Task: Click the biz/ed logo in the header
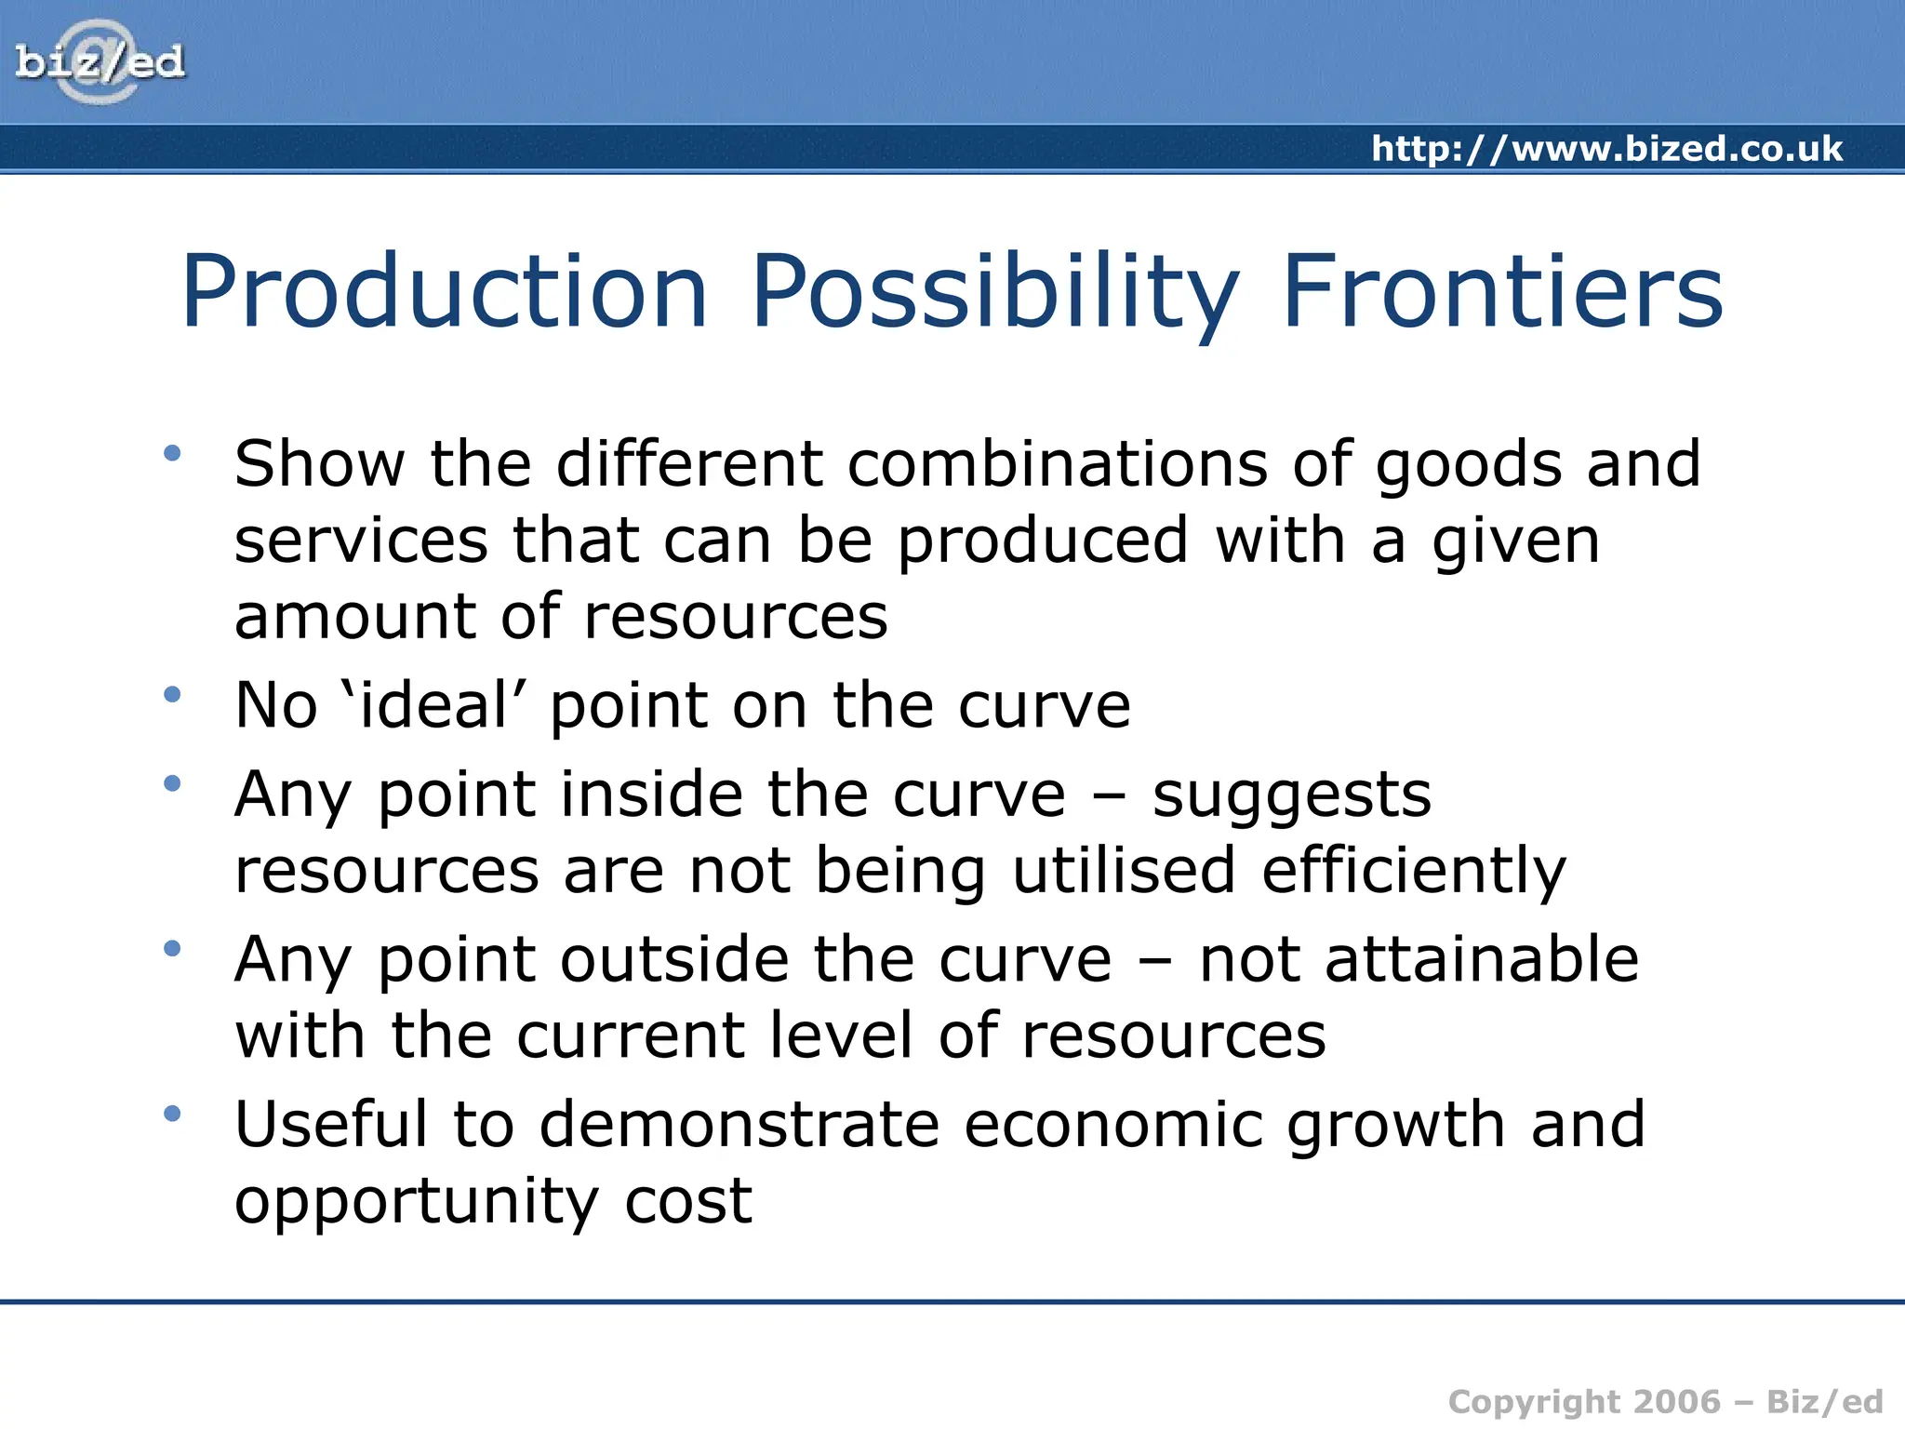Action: pos(100,62)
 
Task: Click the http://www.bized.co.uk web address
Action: pos(1606,149)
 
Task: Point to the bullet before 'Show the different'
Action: pos(172,454)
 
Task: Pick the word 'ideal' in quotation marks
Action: pos(433,704)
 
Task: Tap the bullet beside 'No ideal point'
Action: pos(172,694)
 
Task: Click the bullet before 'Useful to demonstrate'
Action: pos(172,1114)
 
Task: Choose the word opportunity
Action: pos(415,1201)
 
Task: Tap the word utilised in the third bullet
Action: pos(1124,871)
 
